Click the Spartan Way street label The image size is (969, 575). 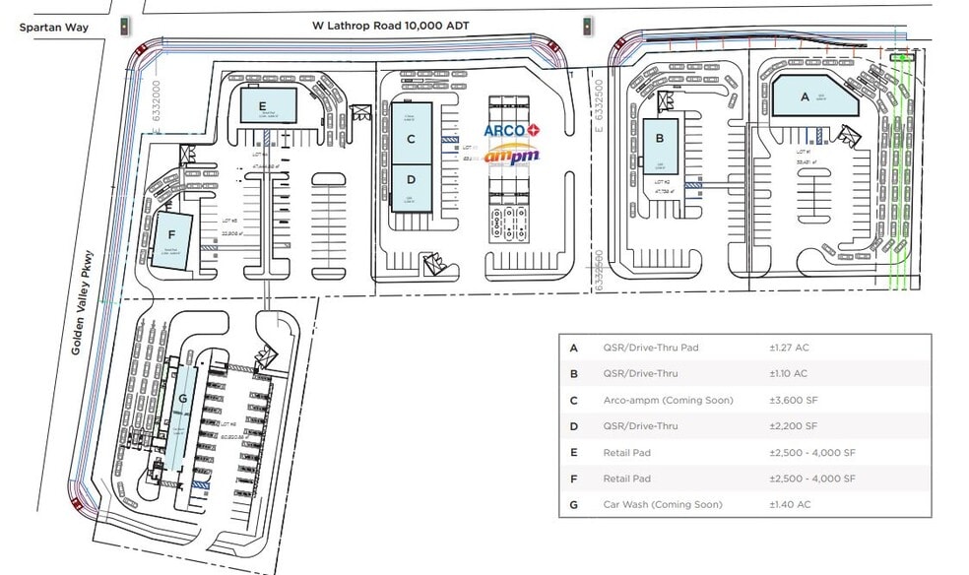tap(54, 28)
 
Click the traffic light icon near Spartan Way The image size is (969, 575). tap(125, 27)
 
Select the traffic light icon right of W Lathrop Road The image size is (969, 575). tap(588, 26)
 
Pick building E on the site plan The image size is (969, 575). tap(264, 104)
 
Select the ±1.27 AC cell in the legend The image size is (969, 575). tap(788, 348)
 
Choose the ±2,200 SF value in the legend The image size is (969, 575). tap(793, 426)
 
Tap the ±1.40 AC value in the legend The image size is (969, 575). tap(788, 504)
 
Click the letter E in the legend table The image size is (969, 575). tap(573, 452)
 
